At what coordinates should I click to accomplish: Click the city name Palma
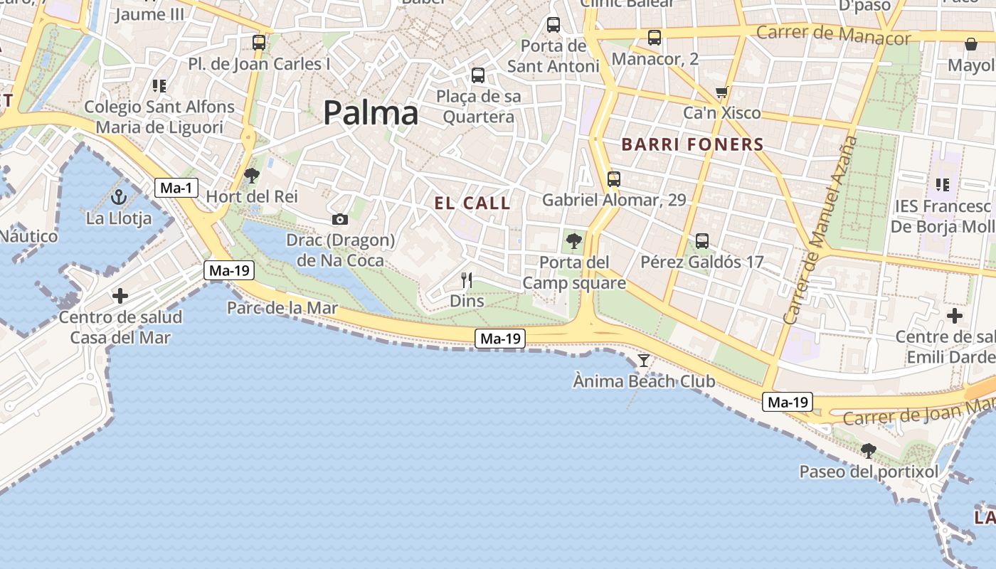pos(371,114)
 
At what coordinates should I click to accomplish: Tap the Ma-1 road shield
pos(176,188)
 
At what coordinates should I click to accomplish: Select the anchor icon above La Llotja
pos(119,198)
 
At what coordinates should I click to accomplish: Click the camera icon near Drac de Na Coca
pos(340,219)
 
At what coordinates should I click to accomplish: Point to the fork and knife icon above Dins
pos(467,280)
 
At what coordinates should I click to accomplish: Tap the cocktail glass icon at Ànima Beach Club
pos(644,360)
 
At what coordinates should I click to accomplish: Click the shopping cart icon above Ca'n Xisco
pos(722,92)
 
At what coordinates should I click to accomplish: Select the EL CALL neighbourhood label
pos(472,203)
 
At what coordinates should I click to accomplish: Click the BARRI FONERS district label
pos(692,145)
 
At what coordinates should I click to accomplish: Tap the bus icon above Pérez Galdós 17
pos(702,241)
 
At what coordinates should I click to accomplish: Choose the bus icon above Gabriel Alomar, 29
pos(614,179)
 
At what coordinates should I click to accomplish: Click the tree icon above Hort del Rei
pos(251,175)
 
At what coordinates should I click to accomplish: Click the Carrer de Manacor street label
pos(833,34)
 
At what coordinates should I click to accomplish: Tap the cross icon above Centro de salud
pos(120,295)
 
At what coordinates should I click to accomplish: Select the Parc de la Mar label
pos(282,309)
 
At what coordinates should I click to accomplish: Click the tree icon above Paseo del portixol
pos(868,450)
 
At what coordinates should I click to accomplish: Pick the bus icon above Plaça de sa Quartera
pos(478,75)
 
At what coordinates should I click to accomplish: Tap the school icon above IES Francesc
pos(943,185)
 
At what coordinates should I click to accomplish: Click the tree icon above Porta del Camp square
pos(574,241)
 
